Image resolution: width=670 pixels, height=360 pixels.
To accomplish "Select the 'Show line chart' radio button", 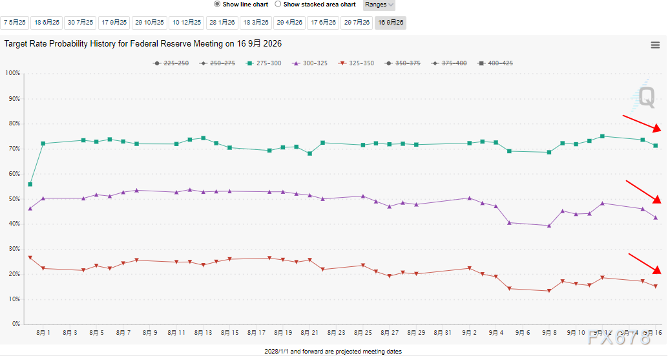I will pyautogui.click(x=217, y=4).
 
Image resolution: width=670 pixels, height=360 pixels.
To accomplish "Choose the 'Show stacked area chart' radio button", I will pyautogui.click(x=278, y=4).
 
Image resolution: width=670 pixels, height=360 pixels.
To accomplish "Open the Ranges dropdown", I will pyautogui.click(x=379, y=5).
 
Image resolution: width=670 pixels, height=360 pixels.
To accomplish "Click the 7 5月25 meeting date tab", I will pyautogui.click(x=15, y=23).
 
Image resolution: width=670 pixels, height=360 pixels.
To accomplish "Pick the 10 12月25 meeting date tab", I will pyautogui.click(x=187, y=23).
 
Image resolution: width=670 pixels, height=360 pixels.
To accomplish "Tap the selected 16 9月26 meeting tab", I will pyautogui.click(x=391, y=23).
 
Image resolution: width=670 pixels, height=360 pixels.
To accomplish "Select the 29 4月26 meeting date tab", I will pyautogui.click(x=289, y=23).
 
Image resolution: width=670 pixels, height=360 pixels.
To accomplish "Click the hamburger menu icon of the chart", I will pyautogui.click(x=655, y=45).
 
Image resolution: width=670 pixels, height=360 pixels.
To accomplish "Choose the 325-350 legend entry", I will pyautogui.click(x=357, y=63).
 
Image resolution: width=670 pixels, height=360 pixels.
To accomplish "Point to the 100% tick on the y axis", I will pyautogui.click(x=12, y=73).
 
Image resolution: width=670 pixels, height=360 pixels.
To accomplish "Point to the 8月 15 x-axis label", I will pyautogui.click(x=230, y=333).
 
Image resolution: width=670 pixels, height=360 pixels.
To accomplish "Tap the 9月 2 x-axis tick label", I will pyautogui.click(x=470, y=333).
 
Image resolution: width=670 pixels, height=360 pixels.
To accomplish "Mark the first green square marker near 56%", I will pyautogui.click(x=30, y=184).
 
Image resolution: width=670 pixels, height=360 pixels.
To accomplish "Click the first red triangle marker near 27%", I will pyautogui.click(x=30, y=258).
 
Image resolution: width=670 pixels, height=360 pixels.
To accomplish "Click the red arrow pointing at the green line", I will pyautogui.click(x=642, y=123).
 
